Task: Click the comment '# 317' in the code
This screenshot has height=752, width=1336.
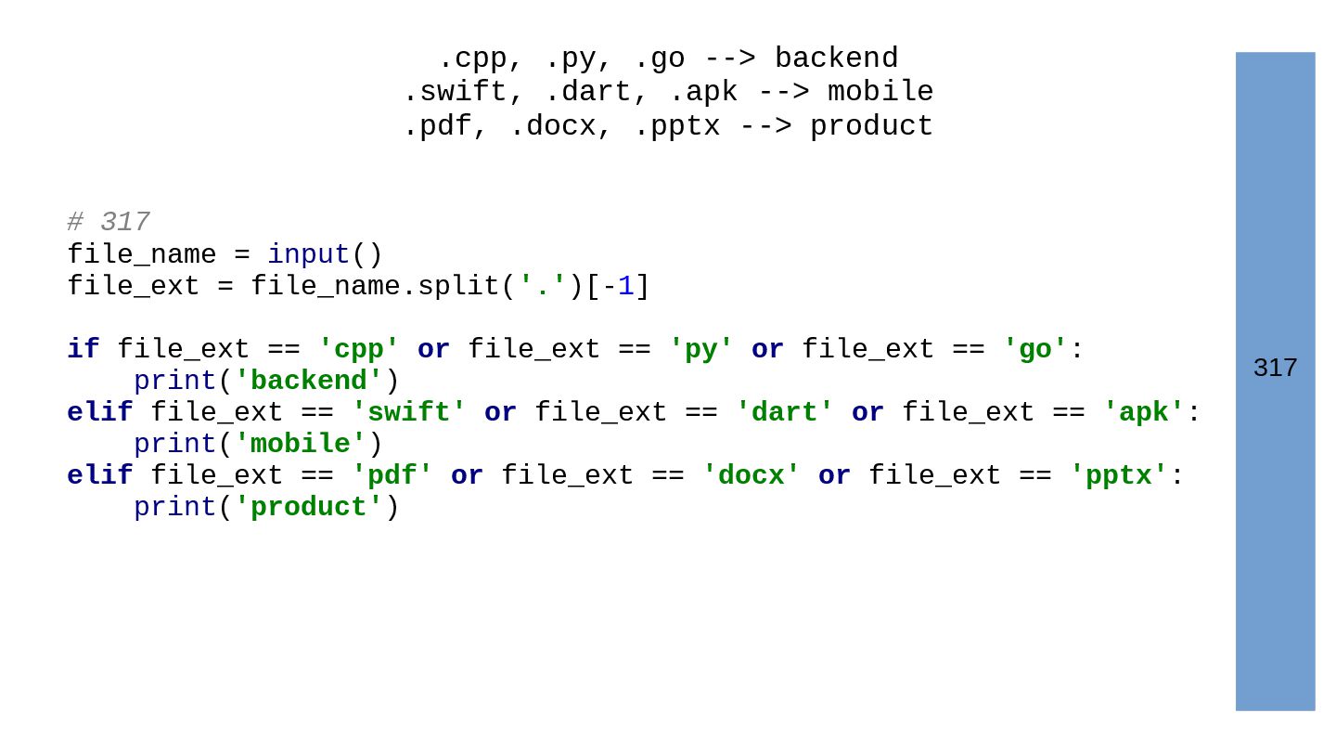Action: coord(108,223)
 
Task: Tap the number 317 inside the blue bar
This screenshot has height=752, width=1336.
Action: coord(1275,369)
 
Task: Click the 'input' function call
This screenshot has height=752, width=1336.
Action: coord(308,255)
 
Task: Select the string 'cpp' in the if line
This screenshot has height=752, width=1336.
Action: coord(358,350)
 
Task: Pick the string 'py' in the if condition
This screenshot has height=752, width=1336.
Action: coord(700,350)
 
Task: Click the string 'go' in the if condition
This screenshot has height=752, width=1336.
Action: coord(1034,350)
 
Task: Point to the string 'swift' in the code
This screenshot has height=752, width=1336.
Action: coord(408,413)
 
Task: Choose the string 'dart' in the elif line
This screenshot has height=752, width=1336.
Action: coord(784,413)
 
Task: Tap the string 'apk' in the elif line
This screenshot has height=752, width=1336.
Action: coord(1143,413)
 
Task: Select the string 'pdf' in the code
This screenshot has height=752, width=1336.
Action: coord(392,476)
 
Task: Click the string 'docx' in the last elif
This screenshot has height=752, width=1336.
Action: coord(751,476)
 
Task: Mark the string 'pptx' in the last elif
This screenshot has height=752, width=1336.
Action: coord(1118,476)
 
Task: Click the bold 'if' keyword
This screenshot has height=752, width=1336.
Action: coord(83,350)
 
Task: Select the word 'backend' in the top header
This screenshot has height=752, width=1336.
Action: coord(836,58)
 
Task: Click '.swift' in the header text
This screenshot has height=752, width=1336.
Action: coord(454,92)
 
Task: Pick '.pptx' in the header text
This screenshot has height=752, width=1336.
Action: coord(676,126)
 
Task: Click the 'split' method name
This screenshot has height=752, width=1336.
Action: coord(458,287)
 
